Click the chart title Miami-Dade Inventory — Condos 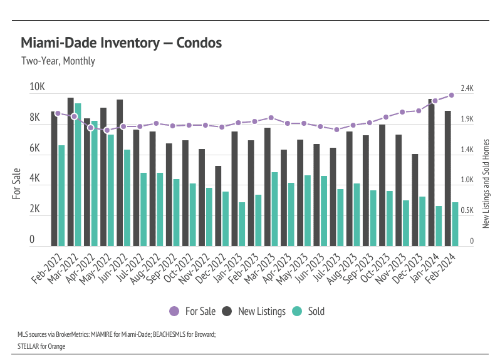pos(121,43)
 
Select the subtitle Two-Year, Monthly pos(58,61)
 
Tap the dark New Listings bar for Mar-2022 pos(71,172)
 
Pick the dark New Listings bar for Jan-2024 pos(431,172)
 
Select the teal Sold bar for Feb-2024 pos(455,224)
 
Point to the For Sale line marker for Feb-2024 pos(451,95)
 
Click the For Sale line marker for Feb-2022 pos(58,113)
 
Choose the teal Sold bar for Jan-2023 pos(242,224)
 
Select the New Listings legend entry pos(254,311)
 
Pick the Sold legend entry pos(310,311)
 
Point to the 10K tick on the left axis pos(38,87)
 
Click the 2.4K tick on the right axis pos(467,89)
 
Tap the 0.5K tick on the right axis pos(467,211)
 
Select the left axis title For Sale pos(17,183)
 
